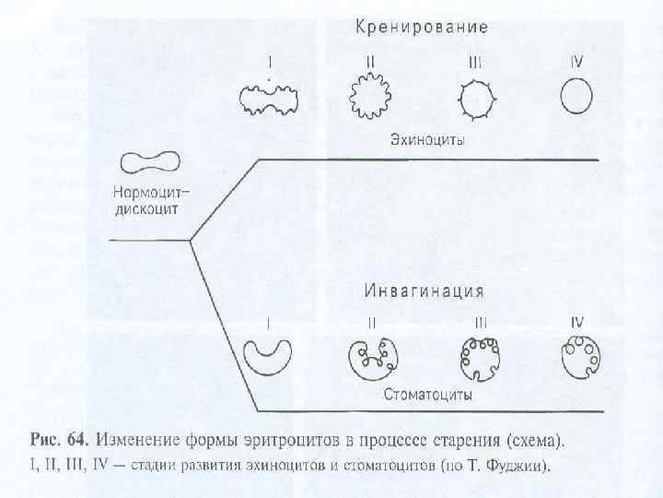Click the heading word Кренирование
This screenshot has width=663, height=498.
422,26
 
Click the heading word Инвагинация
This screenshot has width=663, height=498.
424,291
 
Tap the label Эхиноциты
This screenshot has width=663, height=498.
425,141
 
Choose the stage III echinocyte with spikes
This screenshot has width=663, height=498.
475,96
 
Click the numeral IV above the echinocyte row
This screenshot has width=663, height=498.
576,62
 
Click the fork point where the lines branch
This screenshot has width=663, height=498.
190,242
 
